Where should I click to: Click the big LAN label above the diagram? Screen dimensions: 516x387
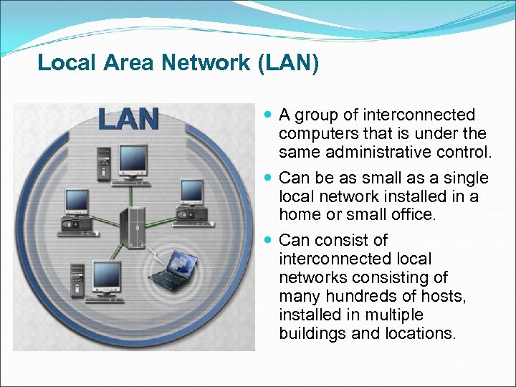coord(129,118)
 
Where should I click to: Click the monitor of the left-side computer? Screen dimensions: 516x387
coord(76,201)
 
